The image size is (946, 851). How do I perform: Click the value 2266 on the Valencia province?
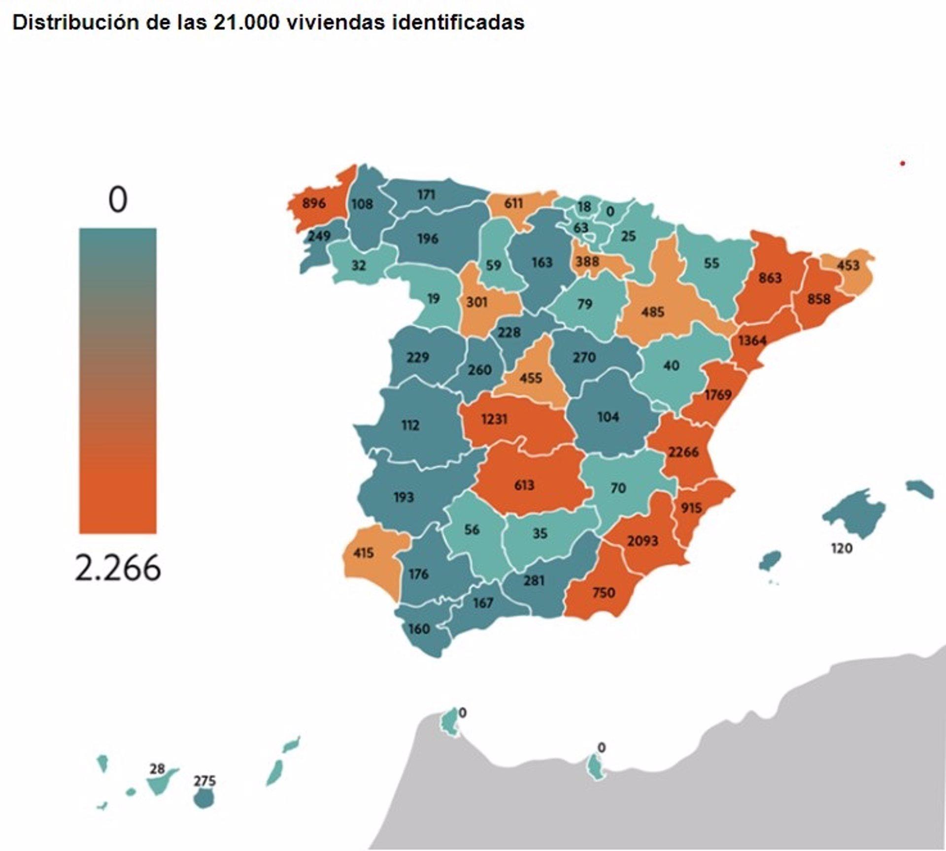pos(683,451)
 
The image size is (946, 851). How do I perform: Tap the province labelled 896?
pos(314,203)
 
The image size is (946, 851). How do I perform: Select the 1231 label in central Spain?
pos(494,419)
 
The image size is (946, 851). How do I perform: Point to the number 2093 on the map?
pos(642,541)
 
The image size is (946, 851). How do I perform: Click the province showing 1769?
pos(717,395)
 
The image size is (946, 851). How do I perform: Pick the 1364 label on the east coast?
pos(752,340)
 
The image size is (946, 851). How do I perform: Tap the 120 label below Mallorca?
pos(842,548)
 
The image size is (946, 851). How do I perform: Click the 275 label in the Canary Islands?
pos(204,781)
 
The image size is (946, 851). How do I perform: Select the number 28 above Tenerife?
pos(157,769)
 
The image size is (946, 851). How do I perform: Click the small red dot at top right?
pos(902,164)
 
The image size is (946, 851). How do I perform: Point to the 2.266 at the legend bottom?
pos(118,568)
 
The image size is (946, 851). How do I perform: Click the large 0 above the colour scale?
pos(118,200)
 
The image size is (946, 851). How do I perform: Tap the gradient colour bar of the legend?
pos(118,380)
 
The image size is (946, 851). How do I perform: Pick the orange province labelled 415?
pos(363,553)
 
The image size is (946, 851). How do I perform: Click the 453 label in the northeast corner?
pos(848,266)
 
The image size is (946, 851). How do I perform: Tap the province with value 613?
pos(524,485)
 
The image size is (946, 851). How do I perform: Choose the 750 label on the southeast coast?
pos(604,592)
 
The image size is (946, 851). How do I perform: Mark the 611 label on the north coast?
pos(513,203)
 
